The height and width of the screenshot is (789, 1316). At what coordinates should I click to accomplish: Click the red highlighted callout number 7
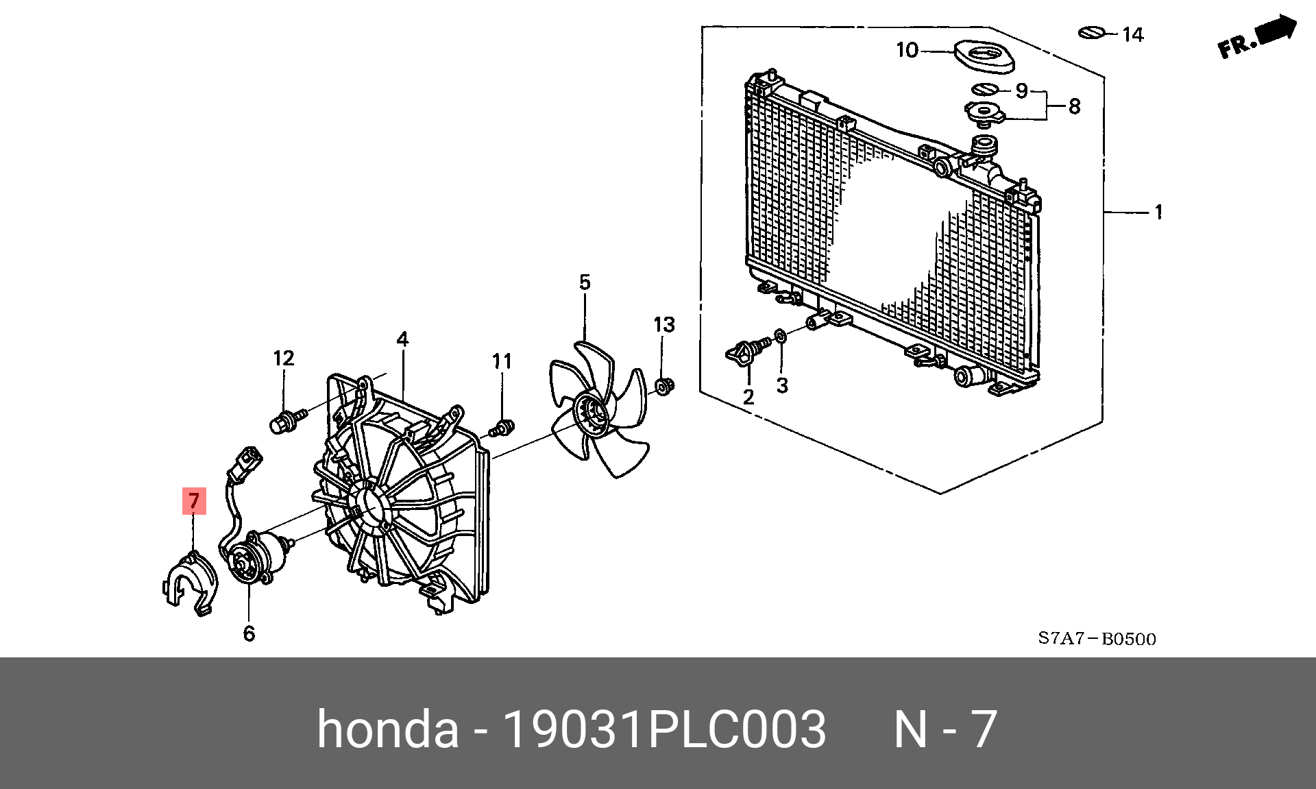tap(194, 500)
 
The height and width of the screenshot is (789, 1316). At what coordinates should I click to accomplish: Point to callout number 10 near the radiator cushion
tap(907, 50)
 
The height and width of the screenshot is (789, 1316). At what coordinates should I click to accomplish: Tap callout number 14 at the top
tap(1132, 34)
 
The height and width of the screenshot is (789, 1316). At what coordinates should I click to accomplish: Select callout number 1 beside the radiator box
tap(1158, 212)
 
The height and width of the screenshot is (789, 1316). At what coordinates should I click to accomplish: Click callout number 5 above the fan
tap(585, 282)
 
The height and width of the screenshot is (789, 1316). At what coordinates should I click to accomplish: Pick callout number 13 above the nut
tap(663, 325)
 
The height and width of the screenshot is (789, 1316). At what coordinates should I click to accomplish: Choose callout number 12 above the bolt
tap(283, 359)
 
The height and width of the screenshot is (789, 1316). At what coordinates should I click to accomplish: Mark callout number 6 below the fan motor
tap(249, 633)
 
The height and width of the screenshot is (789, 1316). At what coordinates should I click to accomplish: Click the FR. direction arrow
tap(1258, 38)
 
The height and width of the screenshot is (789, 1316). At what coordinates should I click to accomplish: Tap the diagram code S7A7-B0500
tap(1097, 639)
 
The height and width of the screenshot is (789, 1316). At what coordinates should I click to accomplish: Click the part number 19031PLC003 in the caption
tap(664, 729)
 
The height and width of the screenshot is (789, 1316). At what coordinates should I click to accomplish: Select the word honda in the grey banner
tap(387, 729)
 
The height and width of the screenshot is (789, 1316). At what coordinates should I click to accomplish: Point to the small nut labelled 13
tap(664, 387)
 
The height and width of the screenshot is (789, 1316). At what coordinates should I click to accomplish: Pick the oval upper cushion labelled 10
tap(984, 57)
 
